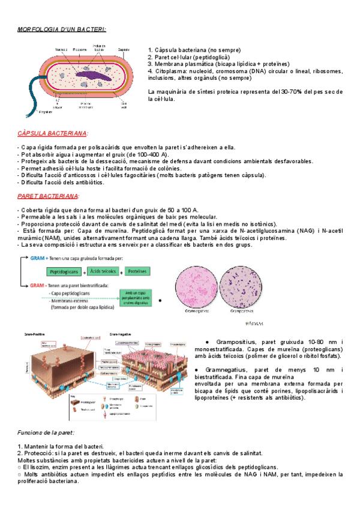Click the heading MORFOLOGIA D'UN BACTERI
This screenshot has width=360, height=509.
click(62, 29)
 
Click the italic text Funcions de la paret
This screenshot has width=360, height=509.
click(46, 432)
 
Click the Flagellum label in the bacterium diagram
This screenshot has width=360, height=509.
click(46, 112)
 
